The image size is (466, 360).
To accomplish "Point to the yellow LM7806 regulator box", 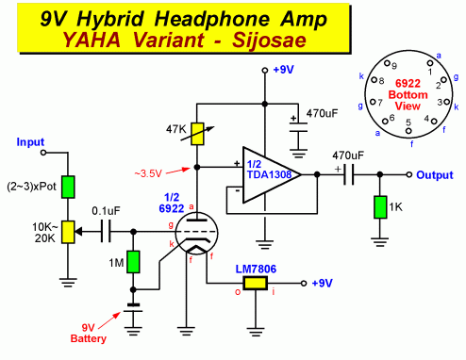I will (254, 282).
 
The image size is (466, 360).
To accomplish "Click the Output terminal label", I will (436, 175).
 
